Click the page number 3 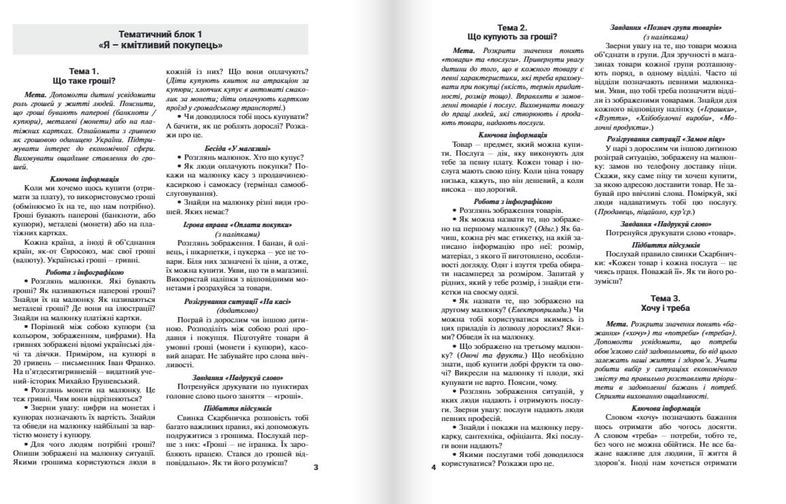tap(315, 467)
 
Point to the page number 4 tap(433, 467)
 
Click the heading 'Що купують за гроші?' tap(513, 37)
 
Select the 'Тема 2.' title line tap(513, 27)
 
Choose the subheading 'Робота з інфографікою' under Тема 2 tap(513, 201)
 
